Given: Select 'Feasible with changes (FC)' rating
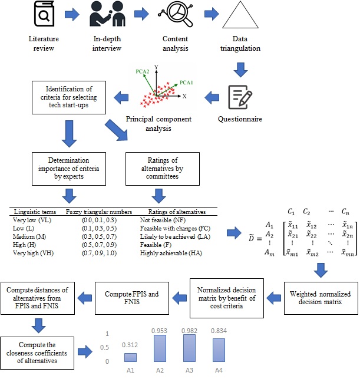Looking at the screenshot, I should coord(171,228).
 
